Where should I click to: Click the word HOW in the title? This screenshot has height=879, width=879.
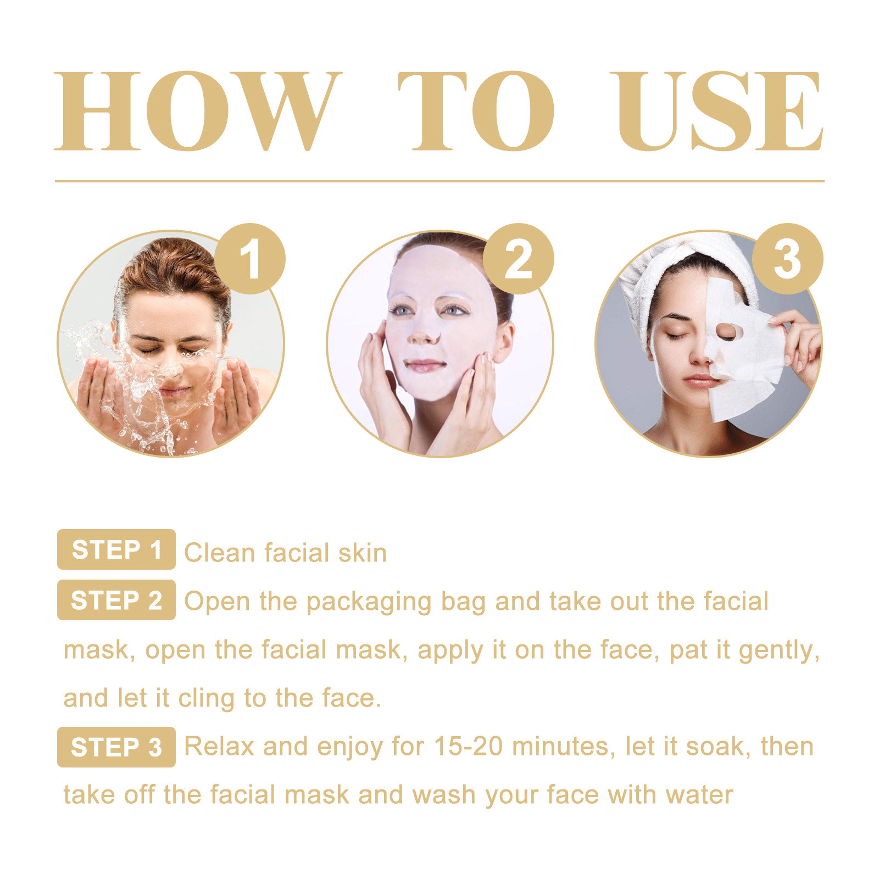198,111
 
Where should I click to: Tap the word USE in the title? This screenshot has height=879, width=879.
720,111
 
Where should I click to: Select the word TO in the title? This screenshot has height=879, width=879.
476,111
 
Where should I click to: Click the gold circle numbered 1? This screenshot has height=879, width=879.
250,259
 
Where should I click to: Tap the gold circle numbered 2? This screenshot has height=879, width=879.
519,259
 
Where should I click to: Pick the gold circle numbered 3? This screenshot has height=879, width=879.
787,259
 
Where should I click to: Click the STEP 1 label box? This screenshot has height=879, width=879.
116,549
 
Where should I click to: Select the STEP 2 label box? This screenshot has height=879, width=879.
116,600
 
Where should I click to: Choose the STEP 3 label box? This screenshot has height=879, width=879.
116,747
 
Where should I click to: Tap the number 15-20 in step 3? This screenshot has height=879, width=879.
468,747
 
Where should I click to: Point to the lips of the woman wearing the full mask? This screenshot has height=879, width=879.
424,365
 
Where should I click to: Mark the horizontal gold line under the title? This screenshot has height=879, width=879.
439,181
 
